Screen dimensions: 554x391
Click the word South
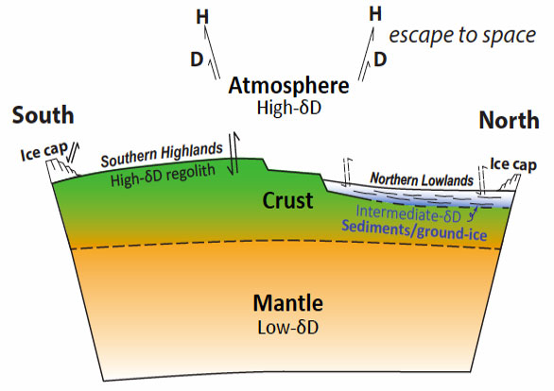(x=43, y=115)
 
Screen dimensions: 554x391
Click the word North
(x=510, y=120)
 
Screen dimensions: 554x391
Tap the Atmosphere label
(x=288, y=86)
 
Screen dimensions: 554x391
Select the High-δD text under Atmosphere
(x=289, y=108)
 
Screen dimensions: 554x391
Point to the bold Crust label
(x=287, y=200)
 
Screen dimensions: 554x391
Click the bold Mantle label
(x=288, y=303)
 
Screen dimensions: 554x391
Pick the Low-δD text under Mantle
(x=288, y=327)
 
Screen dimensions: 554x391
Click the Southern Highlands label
(x=162, y=155)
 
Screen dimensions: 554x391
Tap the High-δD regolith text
(x=163, y=175)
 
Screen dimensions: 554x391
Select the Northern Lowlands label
(x=422, y=179)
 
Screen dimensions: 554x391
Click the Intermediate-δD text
(x=408, y=213)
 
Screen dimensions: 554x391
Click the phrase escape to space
(x=462, y=36)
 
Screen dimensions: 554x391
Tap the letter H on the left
(x=202, y=17)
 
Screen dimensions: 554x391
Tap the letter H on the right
(x=375, y=14)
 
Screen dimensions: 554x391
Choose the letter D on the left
(x=197, y=59)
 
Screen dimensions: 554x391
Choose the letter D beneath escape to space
(x=380, y=59)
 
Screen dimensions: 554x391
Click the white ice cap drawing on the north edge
(x=510, y=183)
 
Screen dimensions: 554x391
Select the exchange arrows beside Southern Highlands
(x=234, y=154)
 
